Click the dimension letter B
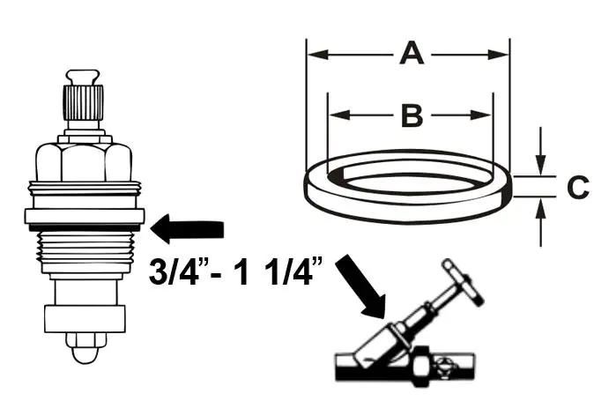coord(410,115)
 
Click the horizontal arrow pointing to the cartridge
coord(188,230)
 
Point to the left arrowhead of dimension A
coord(315,55)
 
